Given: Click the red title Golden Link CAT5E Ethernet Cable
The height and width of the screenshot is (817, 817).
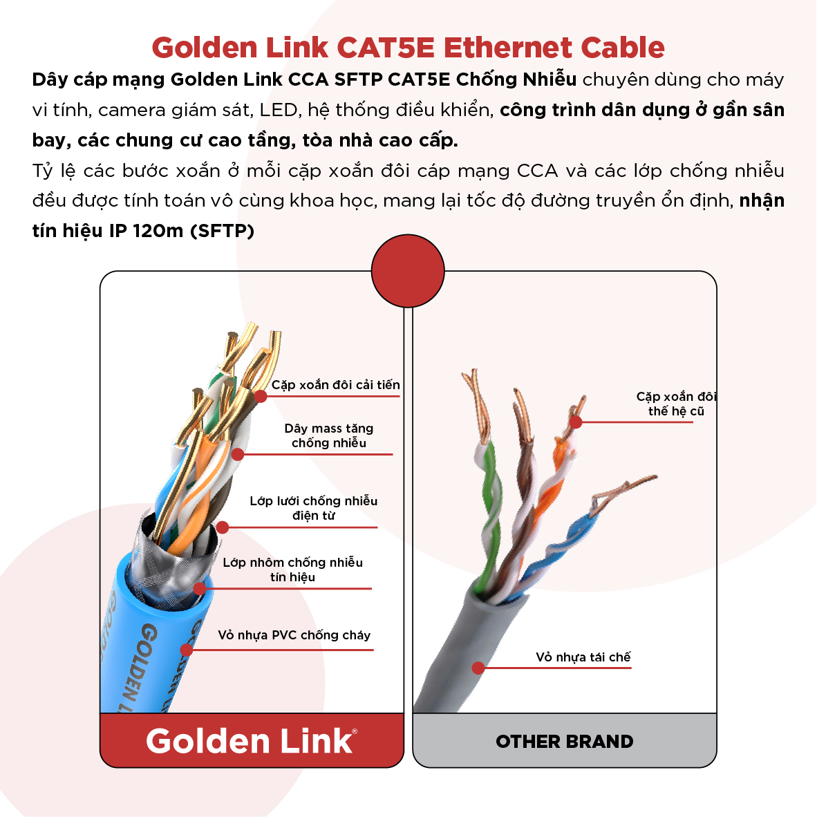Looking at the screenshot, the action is (408, 48).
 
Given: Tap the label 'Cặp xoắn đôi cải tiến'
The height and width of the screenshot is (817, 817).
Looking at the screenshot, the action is (335, 385).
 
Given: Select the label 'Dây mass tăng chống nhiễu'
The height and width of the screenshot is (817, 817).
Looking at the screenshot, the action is (329, 435).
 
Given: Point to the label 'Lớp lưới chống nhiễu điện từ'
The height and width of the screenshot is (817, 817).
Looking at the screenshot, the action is (314, 508).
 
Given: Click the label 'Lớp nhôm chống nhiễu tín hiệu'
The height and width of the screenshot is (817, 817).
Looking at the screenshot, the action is (293, 570).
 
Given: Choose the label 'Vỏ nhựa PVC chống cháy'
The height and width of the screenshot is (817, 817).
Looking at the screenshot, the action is (294, 635).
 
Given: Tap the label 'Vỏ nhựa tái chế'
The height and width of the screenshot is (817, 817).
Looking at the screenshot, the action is (583, 657).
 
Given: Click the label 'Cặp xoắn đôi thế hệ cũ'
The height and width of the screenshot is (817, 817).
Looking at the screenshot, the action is (676, 404).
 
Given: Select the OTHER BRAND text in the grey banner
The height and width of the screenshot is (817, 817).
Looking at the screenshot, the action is (564, 742).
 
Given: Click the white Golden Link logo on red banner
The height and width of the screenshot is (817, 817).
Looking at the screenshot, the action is (251, 741).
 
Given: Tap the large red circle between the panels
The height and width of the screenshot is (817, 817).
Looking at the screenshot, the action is (408, 271).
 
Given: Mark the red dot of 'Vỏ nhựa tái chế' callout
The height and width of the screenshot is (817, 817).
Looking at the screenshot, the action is (478, 668).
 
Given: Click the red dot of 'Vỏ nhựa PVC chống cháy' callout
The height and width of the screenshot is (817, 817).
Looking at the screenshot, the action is (187, 650).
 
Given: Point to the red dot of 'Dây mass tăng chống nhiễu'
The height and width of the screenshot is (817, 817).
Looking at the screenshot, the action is (238, 454).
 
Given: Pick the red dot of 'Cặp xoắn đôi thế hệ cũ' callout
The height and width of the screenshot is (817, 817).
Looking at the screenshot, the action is (576, 422).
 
